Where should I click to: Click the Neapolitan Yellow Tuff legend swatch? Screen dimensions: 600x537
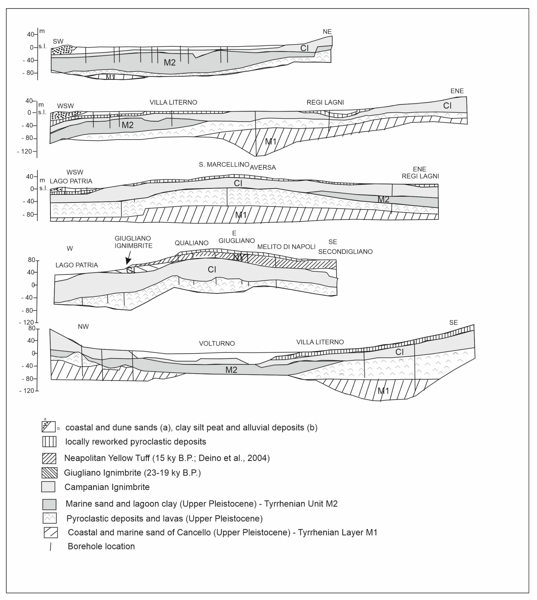[49, 458]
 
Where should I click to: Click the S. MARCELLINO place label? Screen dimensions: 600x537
[224, 165]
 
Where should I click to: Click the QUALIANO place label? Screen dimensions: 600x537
[191, 243]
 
